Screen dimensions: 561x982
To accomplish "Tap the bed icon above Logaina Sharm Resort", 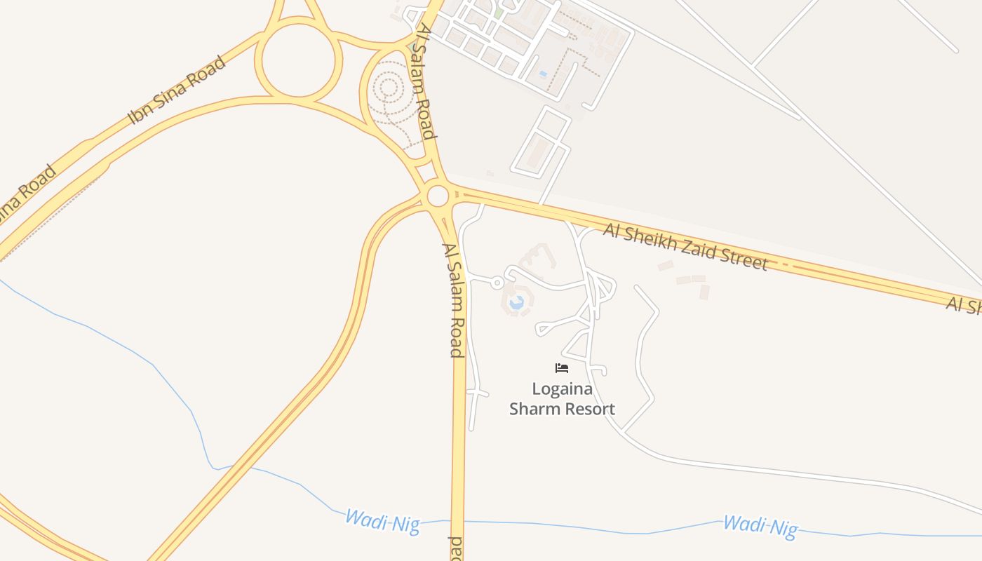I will point(561,368).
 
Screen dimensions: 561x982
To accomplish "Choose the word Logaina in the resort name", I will point(562,388).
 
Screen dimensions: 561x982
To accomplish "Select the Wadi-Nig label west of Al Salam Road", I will point(382,521).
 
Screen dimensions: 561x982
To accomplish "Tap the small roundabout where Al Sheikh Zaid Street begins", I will point(438,196).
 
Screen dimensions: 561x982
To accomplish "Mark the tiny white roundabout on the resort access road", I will point(497,283).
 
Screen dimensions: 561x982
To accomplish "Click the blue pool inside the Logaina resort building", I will point(517,303).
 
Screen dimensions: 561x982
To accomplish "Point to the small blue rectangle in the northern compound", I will point(543,74).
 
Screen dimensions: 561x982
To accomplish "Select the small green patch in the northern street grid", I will point(497,12).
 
